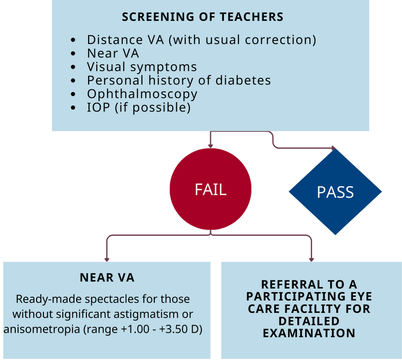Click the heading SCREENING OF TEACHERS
click(x=203, y=17)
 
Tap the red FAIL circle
click(x=211, y=189)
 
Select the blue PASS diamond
click(x=336, y=191)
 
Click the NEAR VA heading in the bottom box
click(x=107, y=278)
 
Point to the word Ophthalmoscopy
click(x=142, y=94)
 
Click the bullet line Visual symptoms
click(x=142, y=67)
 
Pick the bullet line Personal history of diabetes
click(x=179, y=80)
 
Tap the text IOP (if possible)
click(x=139, y=107)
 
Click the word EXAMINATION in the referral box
click(x=309, y=333)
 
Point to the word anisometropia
click(x=42, y=329)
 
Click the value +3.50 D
click(x=179, y=329)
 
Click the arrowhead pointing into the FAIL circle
click(x=211, y=146)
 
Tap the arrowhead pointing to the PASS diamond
click(x=334, y=148)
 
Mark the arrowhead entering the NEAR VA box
click(x=107, y=260)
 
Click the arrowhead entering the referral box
click(x=312, y=260)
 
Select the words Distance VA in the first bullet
click(x=125, y=40)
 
